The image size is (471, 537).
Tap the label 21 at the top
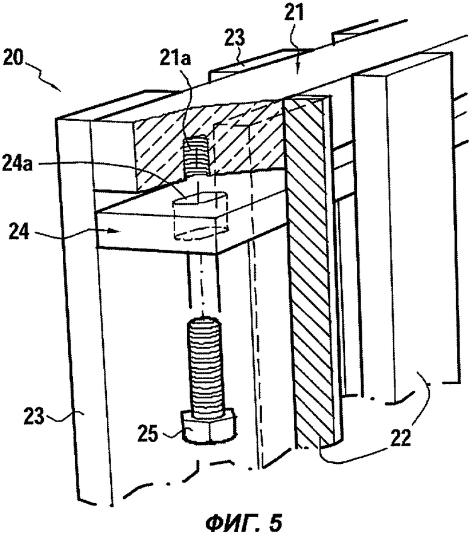(x=294, y=15)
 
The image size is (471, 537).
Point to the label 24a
(x=17, y=164)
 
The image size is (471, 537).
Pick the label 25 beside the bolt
(x=148, y=434)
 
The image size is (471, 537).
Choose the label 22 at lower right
(x=400, y=438)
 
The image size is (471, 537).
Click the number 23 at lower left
(x=34, y=417)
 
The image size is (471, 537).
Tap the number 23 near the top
(x=235, y=37)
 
